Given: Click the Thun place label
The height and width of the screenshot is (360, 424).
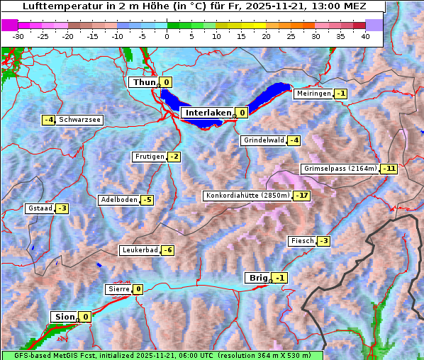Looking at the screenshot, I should (x=143, y=83).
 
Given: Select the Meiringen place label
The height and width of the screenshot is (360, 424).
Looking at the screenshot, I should (x=313, y=94).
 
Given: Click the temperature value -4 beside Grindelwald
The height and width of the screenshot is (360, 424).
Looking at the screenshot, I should (x=294, y=140).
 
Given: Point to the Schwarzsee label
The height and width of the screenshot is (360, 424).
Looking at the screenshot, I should (x=79, y=120).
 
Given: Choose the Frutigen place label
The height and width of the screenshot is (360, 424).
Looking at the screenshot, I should (x=149, y=157).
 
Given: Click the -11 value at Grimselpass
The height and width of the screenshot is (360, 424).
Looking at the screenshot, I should (x=389, y=169).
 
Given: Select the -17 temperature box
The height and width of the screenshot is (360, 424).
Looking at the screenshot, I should (x=303, y=196).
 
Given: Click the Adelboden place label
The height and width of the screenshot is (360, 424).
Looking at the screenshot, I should (x=119, y=200).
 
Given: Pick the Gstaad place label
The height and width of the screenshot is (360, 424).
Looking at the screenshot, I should (x=40, y=208).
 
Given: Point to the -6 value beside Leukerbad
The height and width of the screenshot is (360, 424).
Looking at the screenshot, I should (x=167, y=250).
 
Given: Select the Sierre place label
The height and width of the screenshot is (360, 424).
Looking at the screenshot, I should (x=118, y=289).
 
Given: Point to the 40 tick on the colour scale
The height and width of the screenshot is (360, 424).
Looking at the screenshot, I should (x=365, y=36).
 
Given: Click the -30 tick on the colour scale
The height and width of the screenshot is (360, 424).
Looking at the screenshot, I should (x=18, y=36).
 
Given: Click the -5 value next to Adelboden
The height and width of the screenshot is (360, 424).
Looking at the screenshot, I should (x=147, y=200).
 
